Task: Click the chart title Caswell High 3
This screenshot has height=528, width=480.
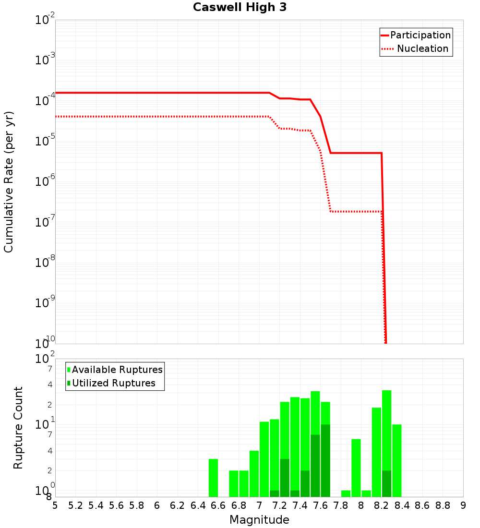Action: click(240, 8)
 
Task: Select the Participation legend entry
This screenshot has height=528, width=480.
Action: click(420, 36)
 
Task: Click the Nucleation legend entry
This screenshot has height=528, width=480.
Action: click(422, 49)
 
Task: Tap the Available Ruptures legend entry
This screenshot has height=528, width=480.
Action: click(117, 370)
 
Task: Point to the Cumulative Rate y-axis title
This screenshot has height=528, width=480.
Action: click(9, 182)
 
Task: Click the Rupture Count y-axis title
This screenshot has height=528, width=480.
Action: click(18, 428)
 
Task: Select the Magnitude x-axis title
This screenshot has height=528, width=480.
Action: click(259, 520)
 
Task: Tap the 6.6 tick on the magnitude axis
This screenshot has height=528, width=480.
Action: click(218, 505)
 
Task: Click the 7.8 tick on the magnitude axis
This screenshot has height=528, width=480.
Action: click(341, 505)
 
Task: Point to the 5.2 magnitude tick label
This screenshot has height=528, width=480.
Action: click(75, 505)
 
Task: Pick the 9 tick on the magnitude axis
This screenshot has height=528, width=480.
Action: click(463, 505)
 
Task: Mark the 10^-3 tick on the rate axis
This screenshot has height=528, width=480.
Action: click(45, 60)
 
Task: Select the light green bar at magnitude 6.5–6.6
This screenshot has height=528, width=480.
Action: click(213, 478)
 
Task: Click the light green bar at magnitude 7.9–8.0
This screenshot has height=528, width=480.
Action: click(356, 468)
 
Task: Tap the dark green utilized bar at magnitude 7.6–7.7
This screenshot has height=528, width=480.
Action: click(325, 461)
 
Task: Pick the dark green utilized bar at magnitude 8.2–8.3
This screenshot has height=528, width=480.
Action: click(386, 484)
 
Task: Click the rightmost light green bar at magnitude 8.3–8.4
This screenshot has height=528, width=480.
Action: click(396, 461)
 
